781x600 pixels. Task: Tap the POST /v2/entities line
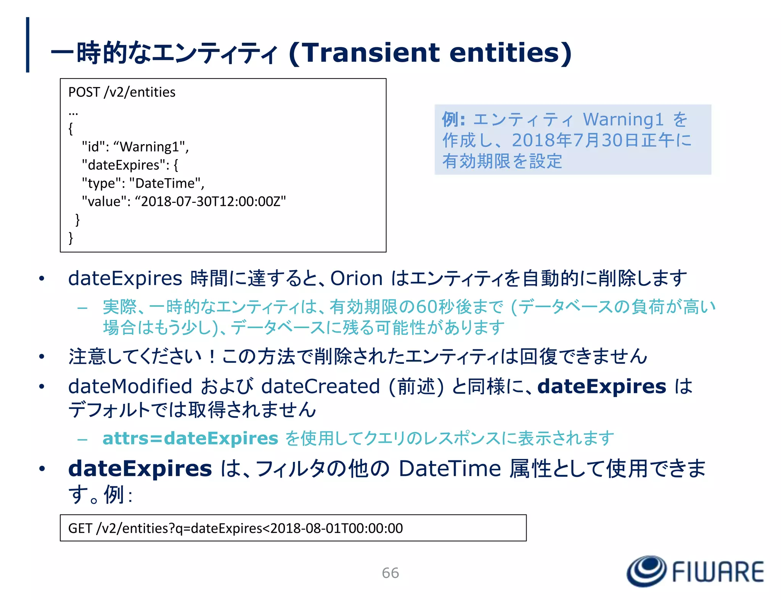pyautogui.click(x=122, y=92)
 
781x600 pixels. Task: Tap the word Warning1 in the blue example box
pyautogui.click(x=623, y=119)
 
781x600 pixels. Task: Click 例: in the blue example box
pyautogui.click(x=453, y=119)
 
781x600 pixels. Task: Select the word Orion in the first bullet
pyautogui.click(x=356, y=278)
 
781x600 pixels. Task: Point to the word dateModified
pyautogui.click(x=130, y=386)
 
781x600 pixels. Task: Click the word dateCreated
pyautogui.click(x=320, y=386)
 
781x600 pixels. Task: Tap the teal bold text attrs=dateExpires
pyautogui.click(x=190, y=438)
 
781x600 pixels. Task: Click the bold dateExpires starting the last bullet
pyautogui.click(x=140, y=468)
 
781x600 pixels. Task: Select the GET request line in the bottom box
pyautogui.click(x=235, y=528)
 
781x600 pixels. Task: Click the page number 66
pyautogui.click(x=390, y=573)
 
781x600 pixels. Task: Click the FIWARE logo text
pyautogui.click(x=717, y=572)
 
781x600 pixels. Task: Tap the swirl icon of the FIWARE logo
pyautogui.click(x=646, y=571)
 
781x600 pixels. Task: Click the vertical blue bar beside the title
pyautogui.click(x=27, y=45)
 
